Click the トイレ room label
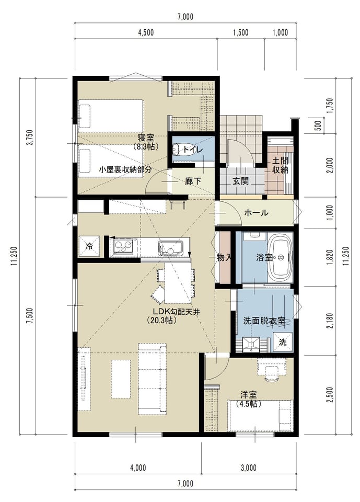[x=193, y=150]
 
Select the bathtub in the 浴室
[x=281, y=257]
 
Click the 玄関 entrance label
[x=240, y=181]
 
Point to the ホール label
[x=256, y=212]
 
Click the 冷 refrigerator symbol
[x=89, y=246]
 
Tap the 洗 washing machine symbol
[x=283, y=341]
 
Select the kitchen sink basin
[x=170, y=248]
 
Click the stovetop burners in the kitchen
[x=123, y=246]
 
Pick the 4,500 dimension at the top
[x=146, y=32]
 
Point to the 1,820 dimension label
[x=331, y=258]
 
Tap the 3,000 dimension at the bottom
[x=249, y=467]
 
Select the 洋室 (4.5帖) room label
[x=249, y=399]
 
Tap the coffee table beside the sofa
[x=121, y=379]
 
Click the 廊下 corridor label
[x=193, y=181]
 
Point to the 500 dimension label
[x=318, y=125]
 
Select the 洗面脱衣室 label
[x=264, y=321]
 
